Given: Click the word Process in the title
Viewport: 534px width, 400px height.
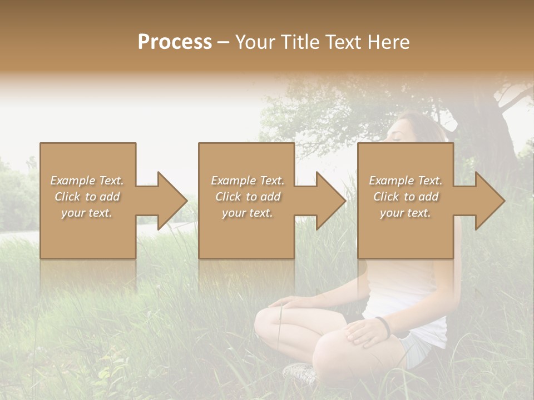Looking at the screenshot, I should click(175, 42).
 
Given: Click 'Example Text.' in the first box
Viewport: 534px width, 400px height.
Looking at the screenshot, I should click(87, 181).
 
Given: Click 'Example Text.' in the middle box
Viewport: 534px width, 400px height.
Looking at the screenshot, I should click(248, 181).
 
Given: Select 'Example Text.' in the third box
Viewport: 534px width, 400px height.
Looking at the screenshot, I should click(406, 181).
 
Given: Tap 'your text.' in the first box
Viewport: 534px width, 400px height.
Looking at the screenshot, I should click(87, 213).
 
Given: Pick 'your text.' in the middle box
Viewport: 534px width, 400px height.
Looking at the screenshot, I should click(248, 213).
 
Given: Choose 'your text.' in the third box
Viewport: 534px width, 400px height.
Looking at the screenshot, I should click(406, 213).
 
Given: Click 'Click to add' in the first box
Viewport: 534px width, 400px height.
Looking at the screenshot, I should click(87, 197).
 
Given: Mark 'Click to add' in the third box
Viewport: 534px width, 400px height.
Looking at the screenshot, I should click(406, 197).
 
